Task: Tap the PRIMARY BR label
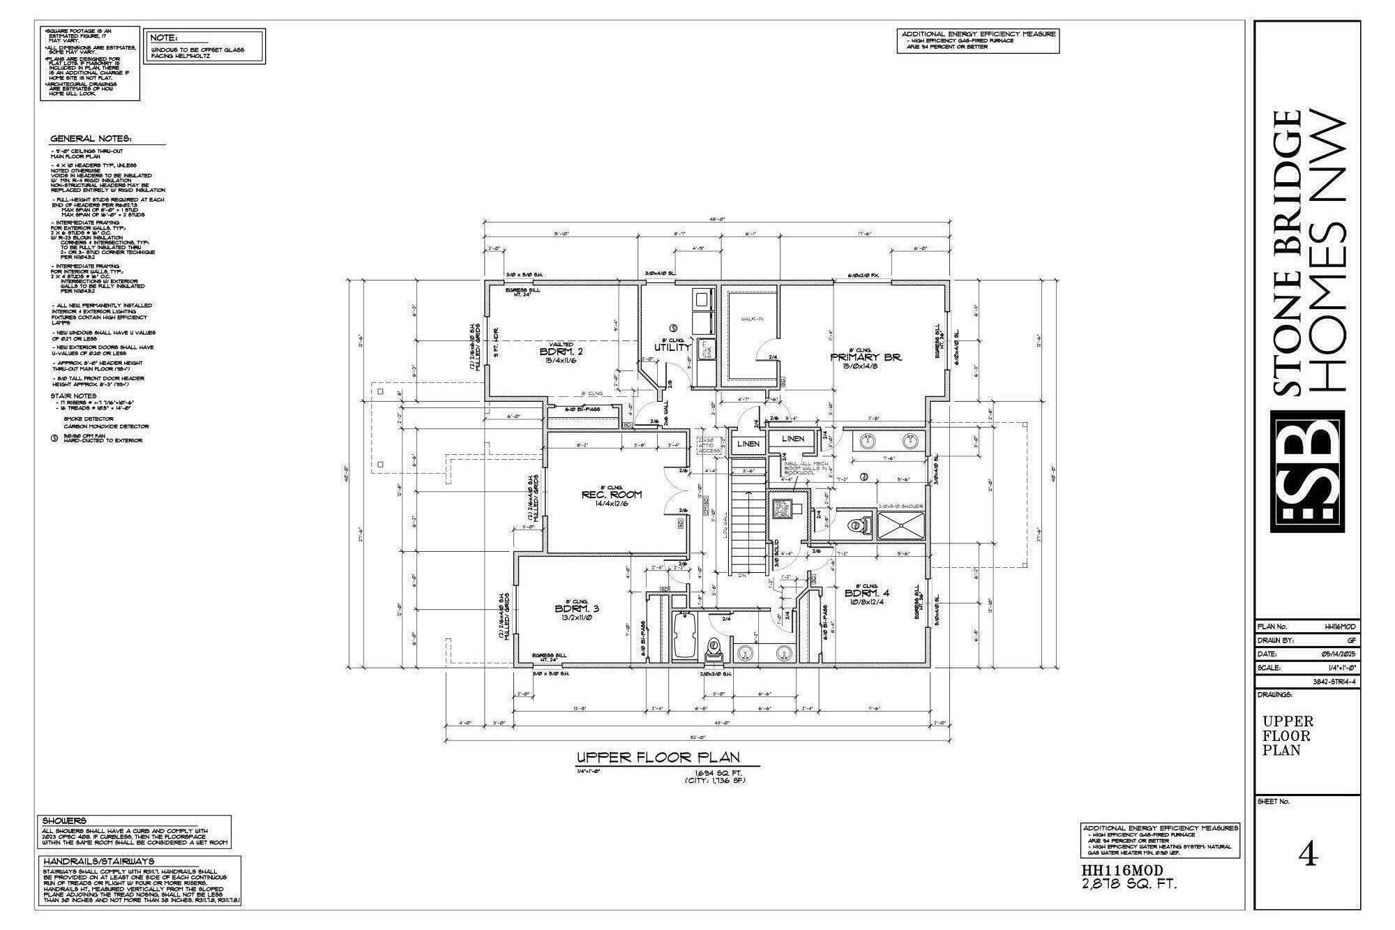coord(866,357)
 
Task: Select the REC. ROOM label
coord(611,495)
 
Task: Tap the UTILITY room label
coord(672,347)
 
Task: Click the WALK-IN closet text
coord(752,319)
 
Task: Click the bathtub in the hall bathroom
coord(684,635)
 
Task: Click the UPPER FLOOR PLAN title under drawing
coord(658,758)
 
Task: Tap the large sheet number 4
coord(1309,855)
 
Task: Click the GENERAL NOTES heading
coord(91,139)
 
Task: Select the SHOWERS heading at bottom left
coord(64,821)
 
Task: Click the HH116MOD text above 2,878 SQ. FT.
coord(1122,871)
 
